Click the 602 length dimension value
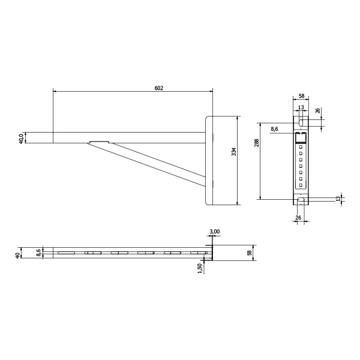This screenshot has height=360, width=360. (x=158, y=88)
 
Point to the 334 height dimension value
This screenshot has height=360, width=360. (x=234, y=152)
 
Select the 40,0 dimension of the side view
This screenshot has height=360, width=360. (x=21, y=139)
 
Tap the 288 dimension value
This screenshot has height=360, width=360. (x=257, y=143)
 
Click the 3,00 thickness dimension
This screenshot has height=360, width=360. (x=215, y=232)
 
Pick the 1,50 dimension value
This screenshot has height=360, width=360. (x=199, y=268)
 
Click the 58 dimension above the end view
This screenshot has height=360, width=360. (x=301, y=96)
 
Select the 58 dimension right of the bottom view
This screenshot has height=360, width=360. (x=250, y=253)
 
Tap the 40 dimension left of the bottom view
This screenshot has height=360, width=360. (x=17, y=256)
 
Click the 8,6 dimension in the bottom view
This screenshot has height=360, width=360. (x=38, y=253)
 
